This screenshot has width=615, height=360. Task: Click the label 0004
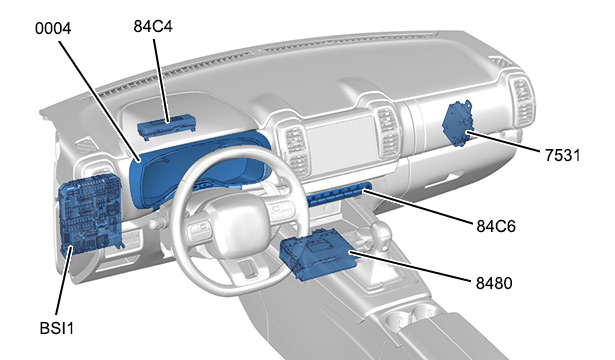pyautogui.click(x=53, y=29)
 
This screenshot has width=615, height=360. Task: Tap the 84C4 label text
pyautogui.click(x=153, y=26)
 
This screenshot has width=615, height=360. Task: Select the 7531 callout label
pyautogui.click(x=562, y=155)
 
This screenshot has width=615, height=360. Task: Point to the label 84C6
pyautogui.click(x=496, y=226)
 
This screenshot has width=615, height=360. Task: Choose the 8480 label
pyautogui.click(x=494, y=283)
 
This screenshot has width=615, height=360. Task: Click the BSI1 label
pyautogui.click(x=57, y=328)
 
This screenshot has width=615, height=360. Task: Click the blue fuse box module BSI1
pyautogui.click(x=91, y=214)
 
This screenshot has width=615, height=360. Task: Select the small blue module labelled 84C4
pyautogui.click(x=167, y=127)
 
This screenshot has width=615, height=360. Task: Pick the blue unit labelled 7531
pyautogui.click(x=458, y=123)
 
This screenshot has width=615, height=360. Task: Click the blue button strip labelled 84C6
pyautogui.click(x=338, y=195)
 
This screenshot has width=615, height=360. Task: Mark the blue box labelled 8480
pyautogui.click(x=318, y=254)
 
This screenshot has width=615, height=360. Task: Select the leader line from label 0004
pyautogui.click(x=100, y=102)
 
